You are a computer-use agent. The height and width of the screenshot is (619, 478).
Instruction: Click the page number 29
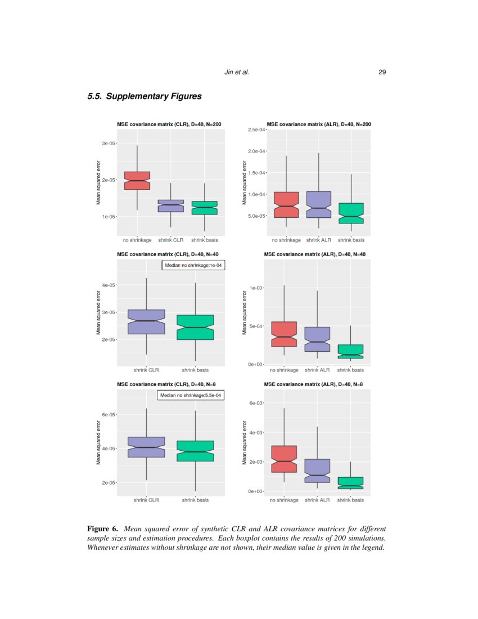pyautogui.click(x=382, y=72)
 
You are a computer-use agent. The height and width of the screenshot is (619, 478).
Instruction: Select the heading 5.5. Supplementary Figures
pyautogui.click(x=145, y=96)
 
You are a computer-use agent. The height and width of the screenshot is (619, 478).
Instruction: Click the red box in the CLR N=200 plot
pyautogui.click(x=137, y=181)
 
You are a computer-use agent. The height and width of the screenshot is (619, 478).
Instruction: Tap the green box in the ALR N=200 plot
pyautogui.click(x=350, y=213)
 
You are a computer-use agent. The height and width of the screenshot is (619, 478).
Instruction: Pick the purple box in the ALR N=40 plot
pyautogui.click(x=317, y=339)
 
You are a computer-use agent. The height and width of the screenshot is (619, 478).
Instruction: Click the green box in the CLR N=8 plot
pyautogui.click(x=196, y=451)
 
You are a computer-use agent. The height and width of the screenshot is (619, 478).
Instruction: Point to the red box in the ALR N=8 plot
pyautogui.click(x=284, y=459)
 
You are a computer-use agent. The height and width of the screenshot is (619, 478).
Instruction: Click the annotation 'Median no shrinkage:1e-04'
pyautogui.click(x=193, y=265)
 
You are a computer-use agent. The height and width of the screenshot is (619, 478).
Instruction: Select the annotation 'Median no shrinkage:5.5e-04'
pyautogui.click(x=191, y=396)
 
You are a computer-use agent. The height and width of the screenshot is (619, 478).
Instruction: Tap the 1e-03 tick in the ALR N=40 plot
pyautogui.click(x=256, y=288)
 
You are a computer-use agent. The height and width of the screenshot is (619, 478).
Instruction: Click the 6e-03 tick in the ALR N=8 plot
pyautogui.click(x=256, y=403)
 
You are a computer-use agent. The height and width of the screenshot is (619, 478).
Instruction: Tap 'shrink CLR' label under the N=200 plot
pyautogui.click(x=170, y=240)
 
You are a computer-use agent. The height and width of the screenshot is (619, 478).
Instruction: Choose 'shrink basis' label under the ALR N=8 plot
pyautogui.click(x=350, y=500)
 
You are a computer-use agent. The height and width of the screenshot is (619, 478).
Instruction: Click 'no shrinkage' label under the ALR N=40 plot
pyautogui.click(x=284, y=370)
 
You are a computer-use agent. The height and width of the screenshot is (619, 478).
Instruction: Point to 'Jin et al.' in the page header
pyautogui.click(x=236, y=72)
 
